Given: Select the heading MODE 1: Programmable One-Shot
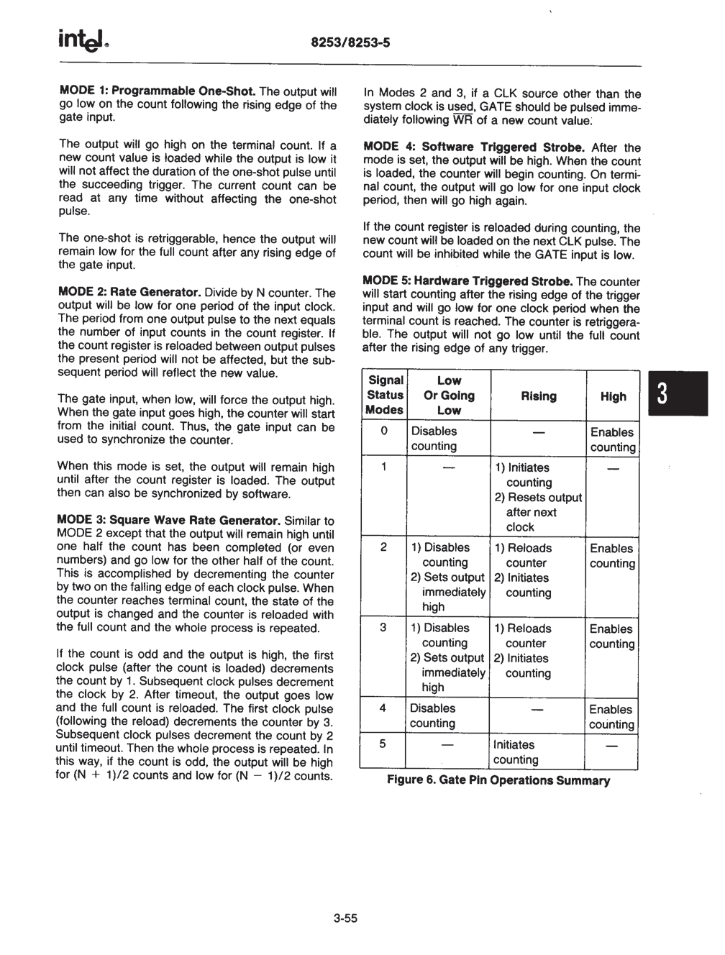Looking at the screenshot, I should click(157, 91).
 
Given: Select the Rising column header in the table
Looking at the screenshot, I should click(538, 396).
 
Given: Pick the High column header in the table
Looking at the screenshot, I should click(613, 396).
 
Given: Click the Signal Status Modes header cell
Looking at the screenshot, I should click(385, 395).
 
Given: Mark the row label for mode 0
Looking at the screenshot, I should click(384, 431).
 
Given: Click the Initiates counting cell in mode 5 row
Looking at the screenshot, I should click(515, 752).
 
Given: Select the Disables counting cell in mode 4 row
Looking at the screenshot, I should click(433, 716).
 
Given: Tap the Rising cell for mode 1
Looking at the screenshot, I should click(537, 497).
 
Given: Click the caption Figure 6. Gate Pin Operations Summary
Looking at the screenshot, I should click(498, 780).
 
